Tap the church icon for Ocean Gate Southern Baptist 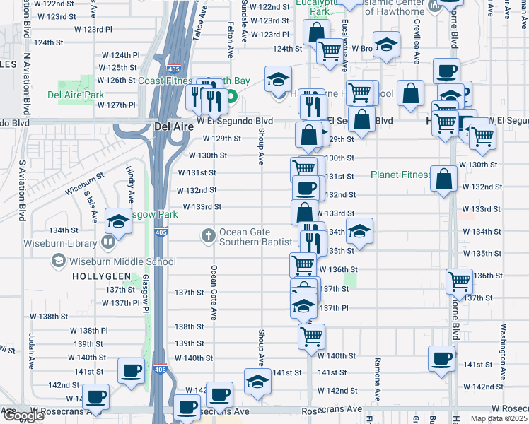[208, 235]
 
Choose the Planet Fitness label [402, 175]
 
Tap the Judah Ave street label [32, 352]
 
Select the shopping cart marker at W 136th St [303, 264]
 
